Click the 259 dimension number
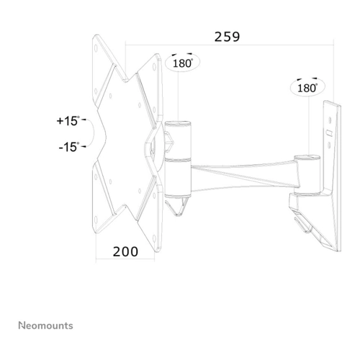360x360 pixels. click(x=227, y=37)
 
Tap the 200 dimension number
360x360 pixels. click(x=125, y=252)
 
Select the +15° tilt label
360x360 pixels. click(x=68, y=121)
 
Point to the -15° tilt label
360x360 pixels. click(x=69, y=147)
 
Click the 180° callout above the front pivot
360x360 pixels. click(x=183, y=63)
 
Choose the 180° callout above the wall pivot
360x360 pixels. click(x=307, y=88)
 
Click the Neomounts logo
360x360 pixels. click(x=45, y=325)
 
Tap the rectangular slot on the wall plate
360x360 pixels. click(x=329, y=132)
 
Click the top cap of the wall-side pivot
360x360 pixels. click(x=307, y=158)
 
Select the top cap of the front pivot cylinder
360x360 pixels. click(x=178, y=124)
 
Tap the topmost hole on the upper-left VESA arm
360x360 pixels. click(x=96, y=48)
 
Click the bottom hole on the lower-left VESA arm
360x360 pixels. click(x=96, y=220)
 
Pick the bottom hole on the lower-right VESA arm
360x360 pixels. click(x=154, y=239)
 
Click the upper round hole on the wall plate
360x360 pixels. click(x=330, y=120)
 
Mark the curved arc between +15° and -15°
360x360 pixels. click(x=91, y=133)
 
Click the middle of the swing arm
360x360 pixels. click(x=243, y=176)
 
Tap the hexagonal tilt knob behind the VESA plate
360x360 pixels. click(x=169, y=142)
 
